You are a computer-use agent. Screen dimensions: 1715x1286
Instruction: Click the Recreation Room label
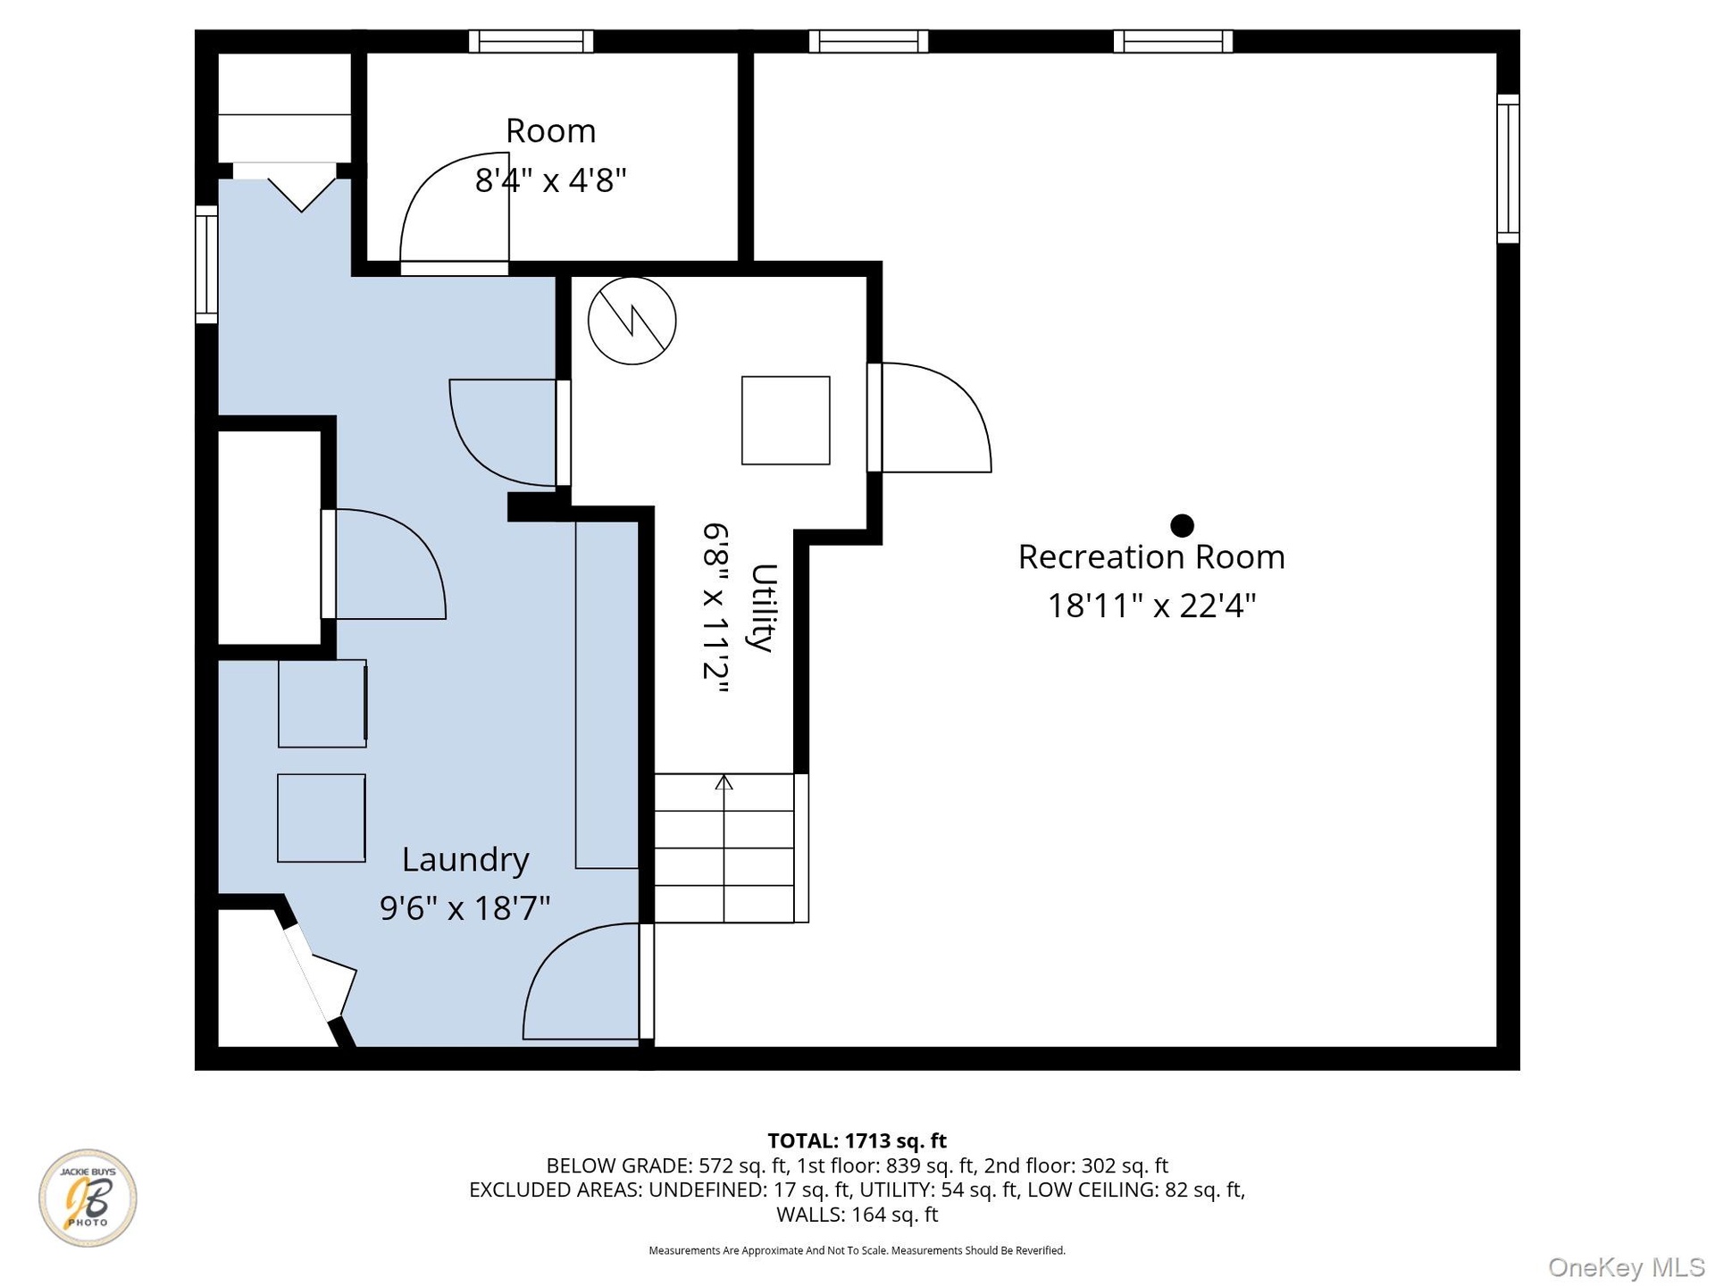[x=1151, y=556]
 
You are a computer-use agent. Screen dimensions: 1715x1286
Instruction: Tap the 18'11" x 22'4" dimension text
[x=1151, y=605]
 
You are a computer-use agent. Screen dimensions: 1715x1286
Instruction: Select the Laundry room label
[x=465, y=860]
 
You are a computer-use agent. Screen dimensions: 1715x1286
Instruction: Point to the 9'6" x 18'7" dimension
[x=464, y=908]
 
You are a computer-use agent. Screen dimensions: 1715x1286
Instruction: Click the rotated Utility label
[x=764, y=607]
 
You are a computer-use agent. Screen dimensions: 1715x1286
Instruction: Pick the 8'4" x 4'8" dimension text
[x=550, y=180]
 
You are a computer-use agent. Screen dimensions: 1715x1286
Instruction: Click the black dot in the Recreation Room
[x=1182, y=525]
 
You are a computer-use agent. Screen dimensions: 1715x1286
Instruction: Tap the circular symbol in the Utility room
[x=632, y=321]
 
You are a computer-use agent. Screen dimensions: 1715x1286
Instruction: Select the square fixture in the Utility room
[x=786, y=421]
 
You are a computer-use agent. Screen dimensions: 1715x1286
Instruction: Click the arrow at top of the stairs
[x=724, y=783]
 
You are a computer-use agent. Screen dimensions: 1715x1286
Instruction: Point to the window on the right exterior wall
[x=1508, y=169]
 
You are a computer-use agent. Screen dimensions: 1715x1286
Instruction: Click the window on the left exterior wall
[x=206, y=264]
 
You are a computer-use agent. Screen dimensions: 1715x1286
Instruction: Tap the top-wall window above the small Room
[x=531, y=41]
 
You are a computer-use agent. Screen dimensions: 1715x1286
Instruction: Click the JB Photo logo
[x=88, y=1198]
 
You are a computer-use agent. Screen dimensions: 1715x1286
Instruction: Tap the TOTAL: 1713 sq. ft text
[x=857, y=1140]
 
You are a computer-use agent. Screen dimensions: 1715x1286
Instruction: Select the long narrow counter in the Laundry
[x=607, y=695]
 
